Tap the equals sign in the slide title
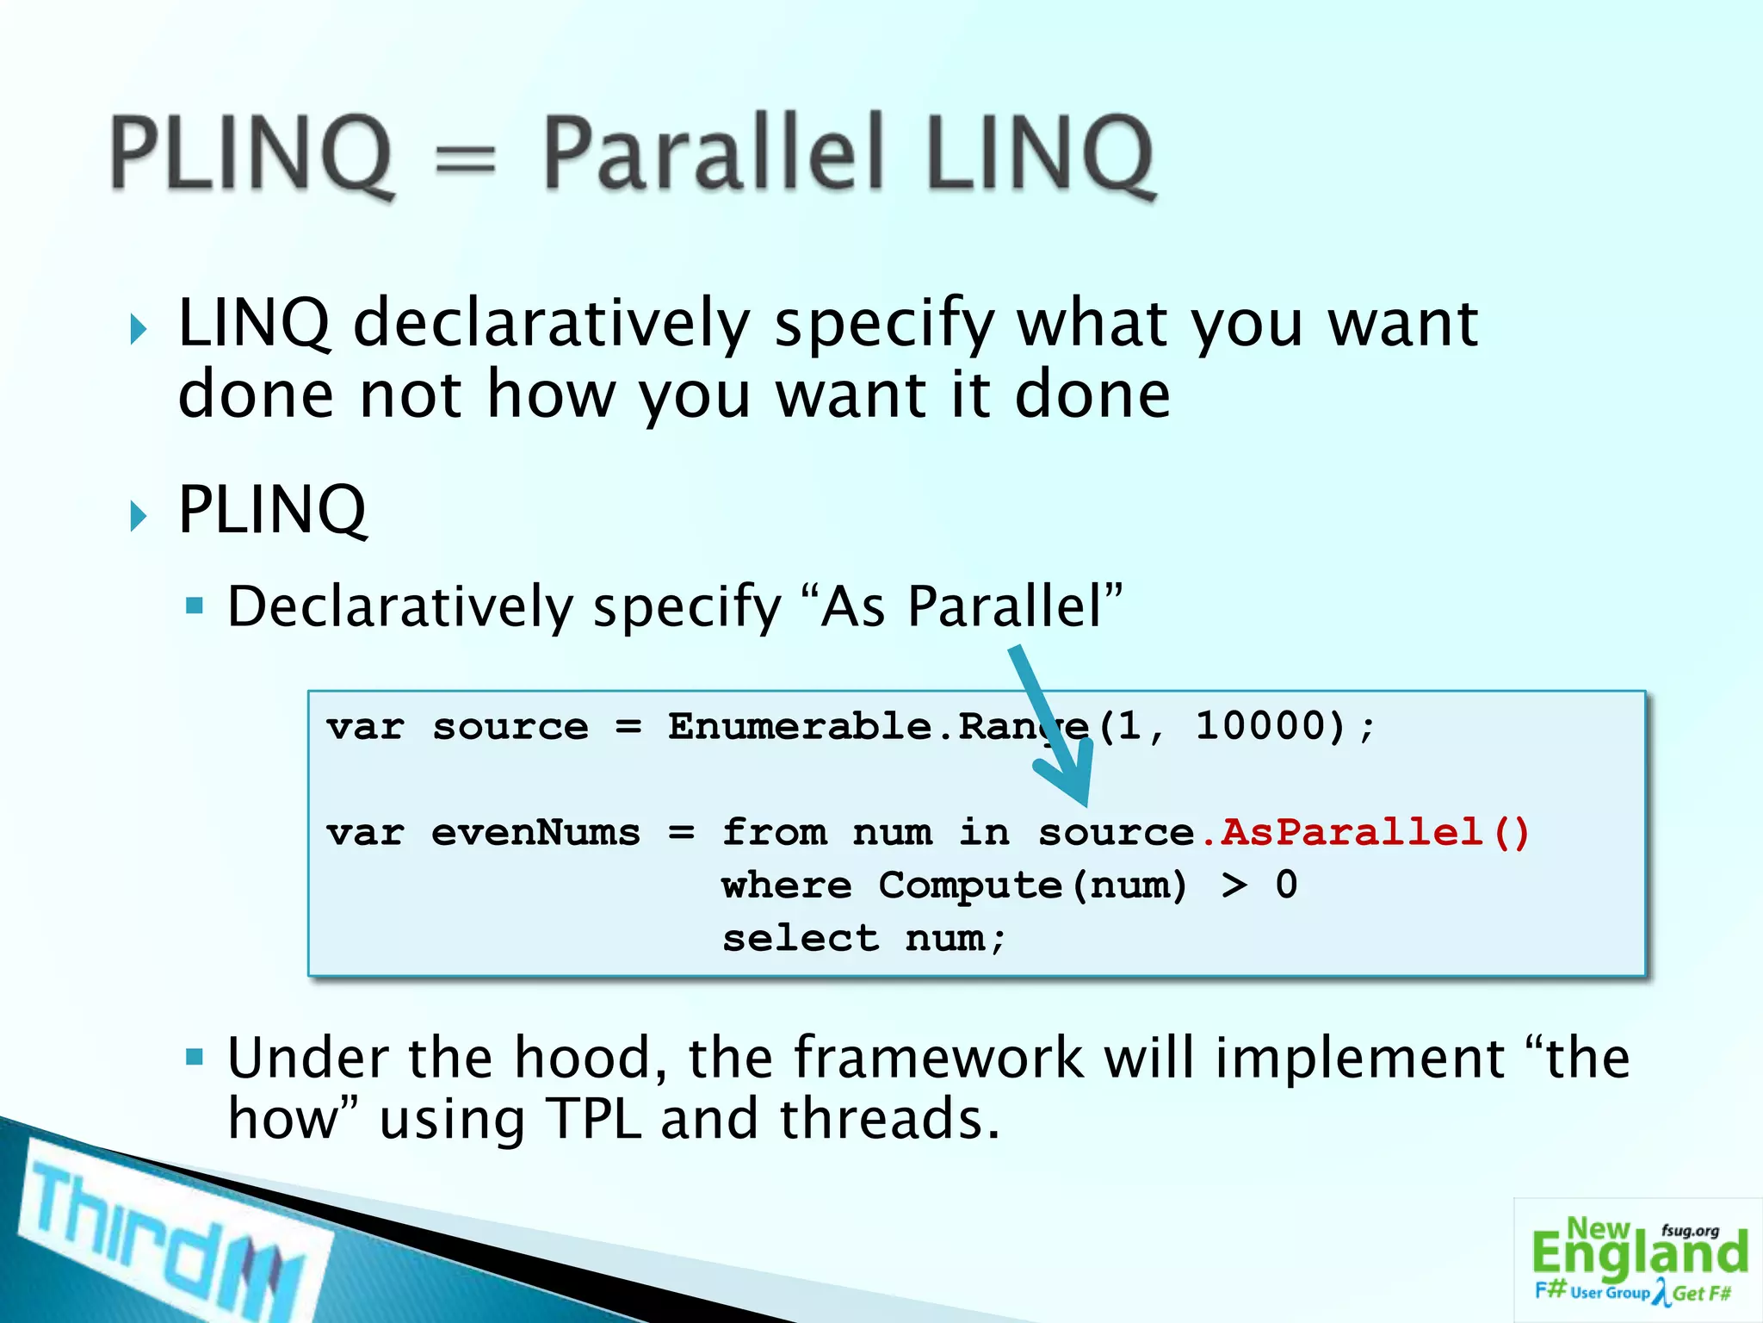click(466, 160)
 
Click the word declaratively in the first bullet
click(551, 324)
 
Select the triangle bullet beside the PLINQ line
click(138, 516)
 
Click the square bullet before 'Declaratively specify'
click(195, 606)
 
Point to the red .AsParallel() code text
click(1364, 833)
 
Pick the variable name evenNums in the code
click(535, 833)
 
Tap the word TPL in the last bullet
click(594, 1119)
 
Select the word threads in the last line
click(888, 1119)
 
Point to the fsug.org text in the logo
click(1690, 1231)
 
